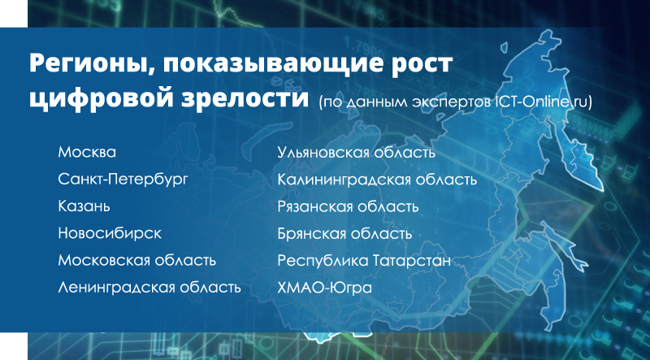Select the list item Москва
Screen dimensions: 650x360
coord(87,152)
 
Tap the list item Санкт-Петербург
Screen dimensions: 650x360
coord(123,180)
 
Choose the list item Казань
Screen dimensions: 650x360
coord(84,206)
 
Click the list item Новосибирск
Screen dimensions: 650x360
coord(110,233)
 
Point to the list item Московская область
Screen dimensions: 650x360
coord(137,261)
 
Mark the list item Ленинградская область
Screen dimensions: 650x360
coord(149,288)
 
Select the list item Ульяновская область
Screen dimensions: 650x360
coord(357,152)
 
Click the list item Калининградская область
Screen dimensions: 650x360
coord(377,180)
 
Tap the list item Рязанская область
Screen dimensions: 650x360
coord(349,206)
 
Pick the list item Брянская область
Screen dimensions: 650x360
coord(344,233)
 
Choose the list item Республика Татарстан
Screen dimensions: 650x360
coord(364,261)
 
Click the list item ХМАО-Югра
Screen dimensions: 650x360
coord(325,288)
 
